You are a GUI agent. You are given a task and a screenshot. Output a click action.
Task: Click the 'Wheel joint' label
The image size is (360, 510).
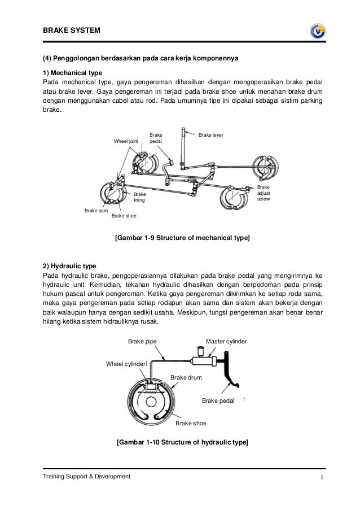pos(126,141)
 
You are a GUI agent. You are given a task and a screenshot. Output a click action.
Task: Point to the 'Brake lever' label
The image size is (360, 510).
pos(211,135)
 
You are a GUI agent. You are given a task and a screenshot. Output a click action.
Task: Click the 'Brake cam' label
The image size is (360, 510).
pos(95,211)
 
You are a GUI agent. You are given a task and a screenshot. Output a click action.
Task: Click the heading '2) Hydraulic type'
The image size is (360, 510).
pos(71,265)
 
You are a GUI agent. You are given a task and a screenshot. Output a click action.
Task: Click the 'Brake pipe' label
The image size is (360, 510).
pos(142,342)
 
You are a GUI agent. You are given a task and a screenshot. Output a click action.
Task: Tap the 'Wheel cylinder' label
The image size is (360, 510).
pos(126,363)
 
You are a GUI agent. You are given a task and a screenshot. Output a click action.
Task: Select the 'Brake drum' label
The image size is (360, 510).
pos(186,377)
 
